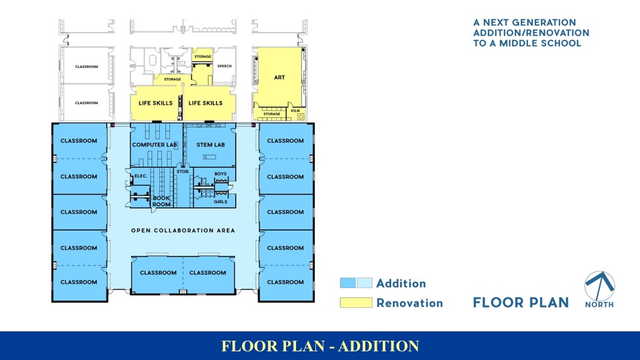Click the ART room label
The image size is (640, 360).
point(279,77)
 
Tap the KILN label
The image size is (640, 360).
point(295,111)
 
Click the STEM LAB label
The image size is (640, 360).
point(210,145)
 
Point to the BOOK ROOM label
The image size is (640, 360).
point(162,201)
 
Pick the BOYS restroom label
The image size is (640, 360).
point(221,174)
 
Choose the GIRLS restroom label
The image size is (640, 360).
point(221,201)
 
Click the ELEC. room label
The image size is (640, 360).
point(141,176)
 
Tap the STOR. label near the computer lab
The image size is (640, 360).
point(183,172)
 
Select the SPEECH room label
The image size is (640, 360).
point(225,66)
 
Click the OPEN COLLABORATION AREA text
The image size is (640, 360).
point(183,231)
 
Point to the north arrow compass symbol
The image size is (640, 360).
point(599,285)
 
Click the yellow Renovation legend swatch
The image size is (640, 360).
point(356,303)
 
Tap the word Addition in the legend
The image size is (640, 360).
point(401,283)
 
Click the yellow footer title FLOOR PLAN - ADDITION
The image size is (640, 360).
point(320,346)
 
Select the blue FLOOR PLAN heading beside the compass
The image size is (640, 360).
point(521,303)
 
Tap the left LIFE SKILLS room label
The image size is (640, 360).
point(155,103)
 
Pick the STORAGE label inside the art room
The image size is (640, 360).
point(271,114)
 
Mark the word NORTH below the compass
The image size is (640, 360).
point(600,305)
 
